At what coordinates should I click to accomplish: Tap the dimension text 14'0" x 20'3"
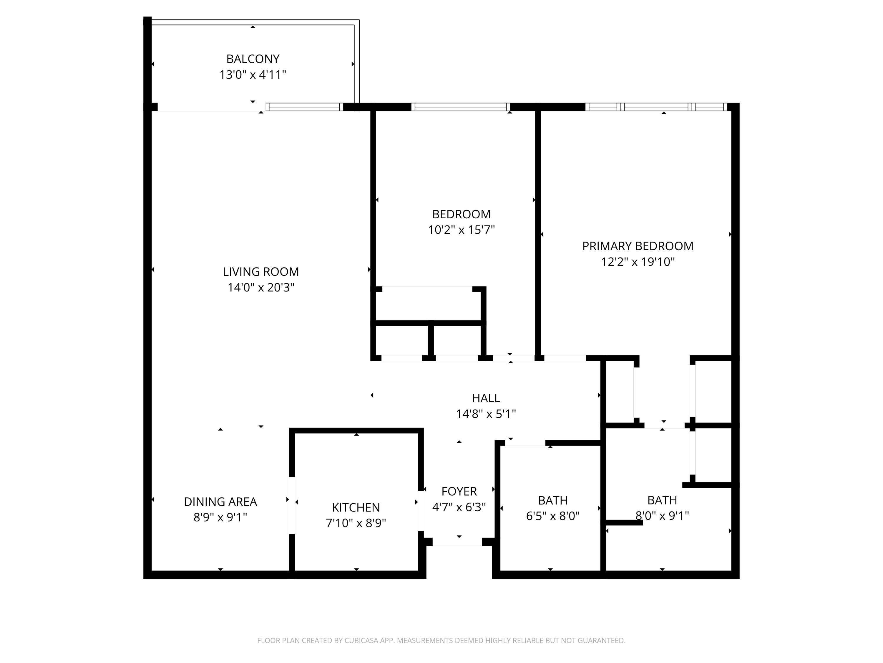click(x=261, y=287)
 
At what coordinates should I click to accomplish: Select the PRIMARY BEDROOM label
click(x=638, y=246)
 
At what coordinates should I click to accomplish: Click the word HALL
click(x=486, y=398)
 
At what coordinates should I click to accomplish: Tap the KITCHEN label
click(x=356, y=507)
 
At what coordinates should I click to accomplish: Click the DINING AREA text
click(x=220, y=502)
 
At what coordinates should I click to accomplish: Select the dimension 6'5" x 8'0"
click(x=552, y=516)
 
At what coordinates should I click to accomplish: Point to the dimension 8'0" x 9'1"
click(x=662, y=516)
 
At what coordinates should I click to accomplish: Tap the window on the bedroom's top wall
click(x=461, y=107)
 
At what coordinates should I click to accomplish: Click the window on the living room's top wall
click(x=305, y=107)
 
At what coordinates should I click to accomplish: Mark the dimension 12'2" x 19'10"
click(x=638, y=262)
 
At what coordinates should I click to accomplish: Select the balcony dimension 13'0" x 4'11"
click(x=253, y=75)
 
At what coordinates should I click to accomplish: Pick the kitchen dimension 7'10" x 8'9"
click(x=356, y=523)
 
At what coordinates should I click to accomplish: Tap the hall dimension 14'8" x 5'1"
click(x=486, y=414)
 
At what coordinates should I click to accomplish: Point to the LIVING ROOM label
click(x=261, y=272)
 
